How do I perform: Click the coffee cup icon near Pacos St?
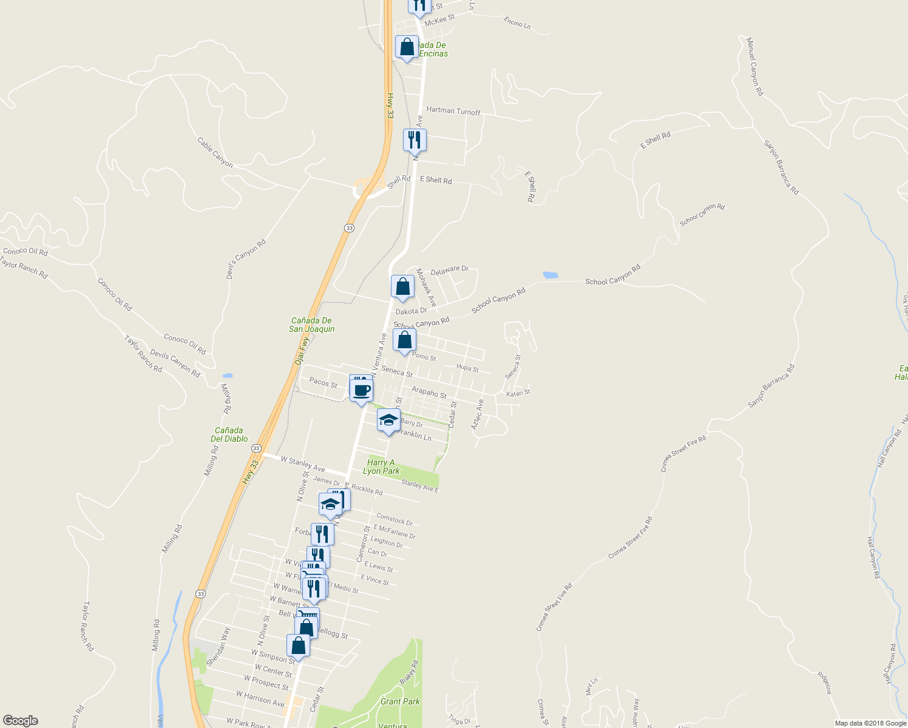click(362, 389)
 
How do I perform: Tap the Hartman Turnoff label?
click(453, 111)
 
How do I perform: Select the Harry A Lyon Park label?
click(381, 467)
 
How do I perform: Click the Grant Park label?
click(400, 701)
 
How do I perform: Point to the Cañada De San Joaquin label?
click(311, 325)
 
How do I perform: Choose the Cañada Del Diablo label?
click(229, 434)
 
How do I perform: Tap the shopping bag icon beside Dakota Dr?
click(403, 287)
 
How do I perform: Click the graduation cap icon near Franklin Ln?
click(388, 420)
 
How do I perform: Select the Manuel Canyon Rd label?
click(754, 67)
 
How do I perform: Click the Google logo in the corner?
click(20, 721)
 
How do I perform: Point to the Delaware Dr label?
click(450, 270)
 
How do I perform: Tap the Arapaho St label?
click(429, 393)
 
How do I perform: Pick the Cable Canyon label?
click(215, 152)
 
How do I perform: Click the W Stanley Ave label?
click(303, 465)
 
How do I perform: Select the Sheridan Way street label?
click(218, 647)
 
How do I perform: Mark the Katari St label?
click(518, 393)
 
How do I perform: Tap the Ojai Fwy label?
click(302, 351)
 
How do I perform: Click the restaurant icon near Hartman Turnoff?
click(415, 140)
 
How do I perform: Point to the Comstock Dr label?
click(395, 520)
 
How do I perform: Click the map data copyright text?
click(870, 723)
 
